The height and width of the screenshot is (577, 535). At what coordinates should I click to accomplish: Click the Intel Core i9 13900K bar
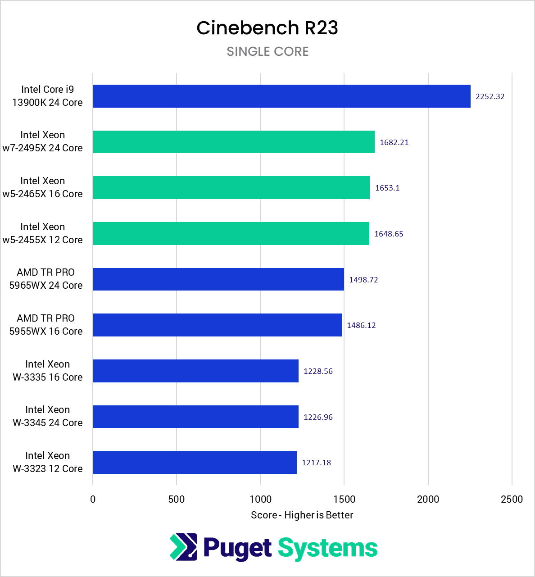pos(281,96)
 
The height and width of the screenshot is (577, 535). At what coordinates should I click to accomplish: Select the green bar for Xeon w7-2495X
pos(234,142)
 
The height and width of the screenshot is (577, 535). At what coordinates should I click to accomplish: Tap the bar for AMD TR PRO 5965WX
pos(218,279)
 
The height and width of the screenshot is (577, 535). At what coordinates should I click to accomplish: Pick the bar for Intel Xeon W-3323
pos(195,462)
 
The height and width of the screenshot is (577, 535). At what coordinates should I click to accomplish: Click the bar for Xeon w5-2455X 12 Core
pos(231,233)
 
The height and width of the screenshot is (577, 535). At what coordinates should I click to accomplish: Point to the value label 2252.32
pos(490,96)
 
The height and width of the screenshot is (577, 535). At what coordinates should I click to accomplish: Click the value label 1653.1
pos(387,188)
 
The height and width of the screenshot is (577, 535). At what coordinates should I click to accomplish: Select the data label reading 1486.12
pos(361,325)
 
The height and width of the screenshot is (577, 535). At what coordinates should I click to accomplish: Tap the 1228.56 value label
pos(318,371)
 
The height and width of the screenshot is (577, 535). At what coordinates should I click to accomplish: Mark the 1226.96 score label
pos(318,417)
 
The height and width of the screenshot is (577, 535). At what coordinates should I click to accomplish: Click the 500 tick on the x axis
pos(177,499)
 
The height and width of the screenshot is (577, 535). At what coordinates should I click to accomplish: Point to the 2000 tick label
pos(428,499)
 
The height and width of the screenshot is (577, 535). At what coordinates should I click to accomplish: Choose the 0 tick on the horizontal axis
pos(93,499)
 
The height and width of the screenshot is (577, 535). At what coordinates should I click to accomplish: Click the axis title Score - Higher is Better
pos(302,515)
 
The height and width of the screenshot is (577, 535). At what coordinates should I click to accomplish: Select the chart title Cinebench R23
pos(267,28)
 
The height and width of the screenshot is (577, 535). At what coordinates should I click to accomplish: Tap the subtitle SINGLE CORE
pos(267,52)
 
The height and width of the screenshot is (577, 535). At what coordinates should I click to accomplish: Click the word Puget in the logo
pos(237,548)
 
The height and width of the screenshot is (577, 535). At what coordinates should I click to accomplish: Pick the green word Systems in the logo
pos(327,548)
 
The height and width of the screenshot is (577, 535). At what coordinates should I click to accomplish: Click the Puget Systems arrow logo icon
pos(183,547)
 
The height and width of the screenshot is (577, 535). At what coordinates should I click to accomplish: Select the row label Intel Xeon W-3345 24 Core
pos(47,416)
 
